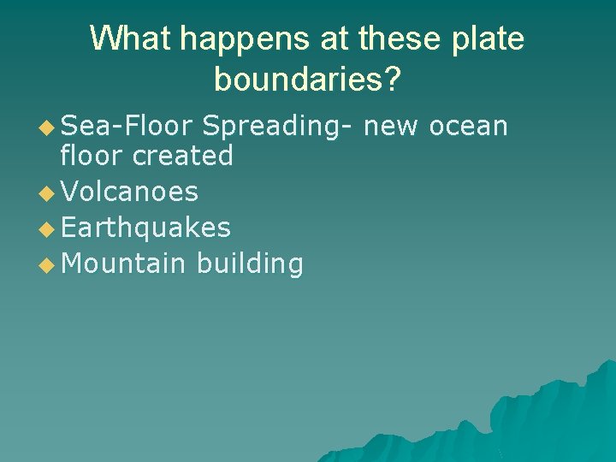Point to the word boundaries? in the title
(x=307, y=79)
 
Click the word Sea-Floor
(x=128, y=127)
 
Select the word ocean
(x=468, y=127)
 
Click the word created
(x=183, y=156)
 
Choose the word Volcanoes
(x=130, y=192)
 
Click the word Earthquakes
(x=146, y=228)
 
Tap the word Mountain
(x=123, y=264)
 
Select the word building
(x=249, y=264)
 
